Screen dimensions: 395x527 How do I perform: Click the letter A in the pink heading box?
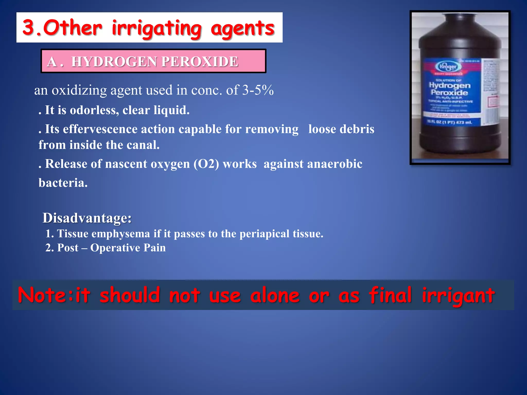[52, 62]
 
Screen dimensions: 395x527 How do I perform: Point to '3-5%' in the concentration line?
[258, 90]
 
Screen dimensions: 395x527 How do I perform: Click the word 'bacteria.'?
[63, 183]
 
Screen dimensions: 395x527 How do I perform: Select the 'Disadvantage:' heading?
[87, 218]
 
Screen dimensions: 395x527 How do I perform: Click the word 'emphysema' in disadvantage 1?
[121, 234]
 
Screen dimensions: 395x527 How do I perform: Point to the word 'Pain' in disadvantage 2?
[154, 248]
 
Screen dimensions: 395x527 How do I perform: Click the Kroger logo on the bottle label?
[448, 67]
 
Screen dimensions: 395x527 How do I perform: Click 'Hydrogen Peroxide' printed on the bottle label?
[450, 89]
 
